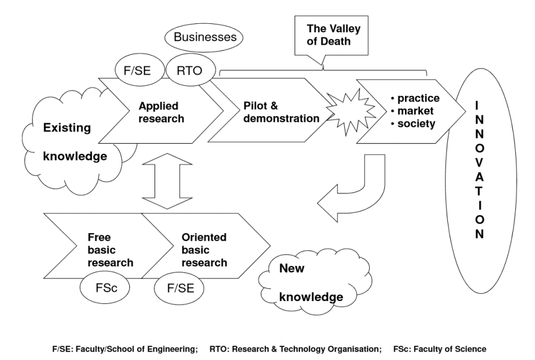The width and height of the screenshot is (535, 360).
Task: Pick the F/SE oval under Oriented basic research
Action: click(177, 288)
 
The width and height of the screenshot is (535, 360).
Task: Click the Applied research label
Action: click(161, 113)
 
